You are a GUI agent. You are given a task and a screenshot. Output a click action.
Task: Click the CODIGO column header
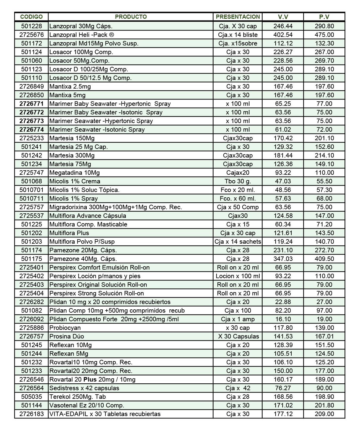click(31, 17)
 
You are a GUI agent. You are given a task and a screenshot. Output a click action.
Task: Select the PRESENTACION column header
click(238, 17)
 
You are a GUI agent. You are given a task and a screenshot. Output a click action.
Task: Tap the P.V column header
click(324, 17)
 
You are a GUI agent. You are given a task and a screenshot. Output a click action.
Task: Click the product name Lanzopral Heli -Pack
click(82, 35)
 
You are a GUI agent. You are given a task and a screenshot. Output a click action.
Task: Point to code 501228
click(31, 26)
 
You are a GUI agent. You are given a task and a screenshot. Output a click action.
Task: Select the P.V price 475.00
click(324, 35)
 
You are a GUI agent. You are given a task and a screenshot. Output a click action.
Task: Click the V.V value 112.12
click(283, 43)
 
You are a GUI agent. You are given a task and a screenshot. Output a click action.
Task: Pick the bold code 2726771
click(31, 104)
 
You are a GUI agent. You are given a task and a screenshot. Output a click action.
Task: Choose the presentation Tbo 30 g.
click(238, 181)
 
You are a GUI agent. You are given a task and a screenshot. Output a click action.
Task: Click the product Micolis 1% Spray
click(73, 199)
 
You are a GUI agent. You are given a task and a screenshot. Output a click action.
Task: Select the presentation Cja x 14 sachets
click(238, 242)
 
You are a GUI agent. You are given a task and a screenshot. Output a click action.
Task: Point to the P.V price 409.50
click(324, 259)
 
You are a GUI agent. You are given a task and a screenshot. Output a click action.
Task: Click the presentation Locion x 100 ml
click(238, 276)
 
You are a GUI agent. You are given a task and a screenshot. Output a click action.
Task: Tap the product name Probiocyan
click(65, 328)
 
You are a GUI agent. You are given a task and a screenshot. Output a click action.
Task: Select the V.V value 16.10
click(283, 319)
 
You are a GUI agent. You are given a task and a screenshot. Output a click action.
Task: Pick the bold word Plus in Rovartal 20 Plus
click(90, 379)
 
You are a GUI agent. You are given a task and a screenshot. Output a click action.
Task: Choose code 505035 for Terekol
click(31, 397)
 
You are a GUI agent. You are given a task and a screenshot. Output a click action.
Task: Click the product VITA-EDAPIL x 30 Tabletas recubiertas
click(105, 414)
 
